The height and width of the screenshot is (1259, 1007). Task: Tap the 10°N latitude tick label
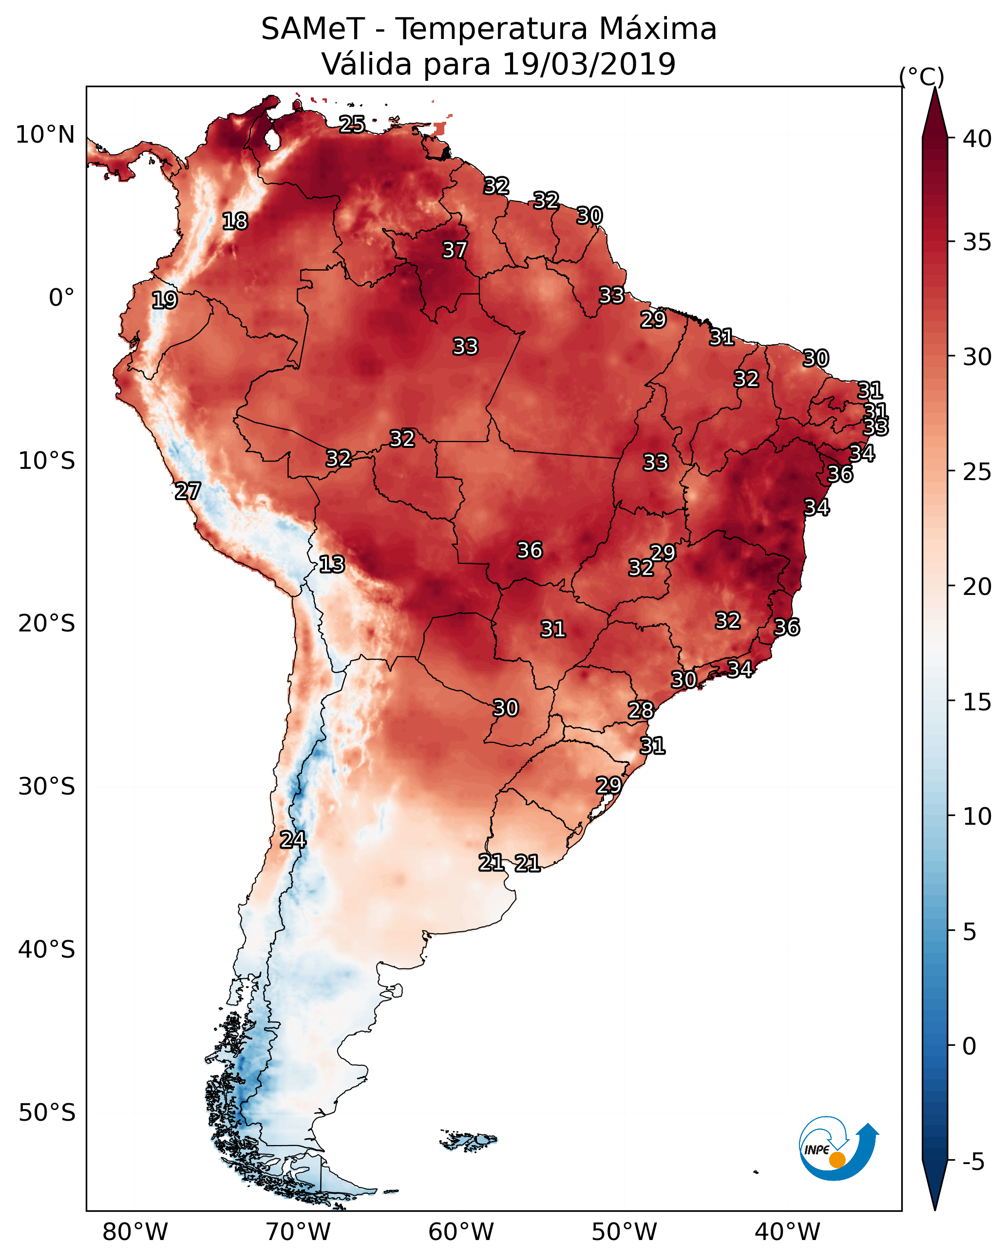[x=45, y=135]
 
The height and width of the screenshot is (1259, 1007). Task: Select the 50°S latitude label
[x=47, y=1112]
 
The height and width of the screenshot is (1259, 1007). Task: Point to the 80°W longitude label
[x=135, y=1231]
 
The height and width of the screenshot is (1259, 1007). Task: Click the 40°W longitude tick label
[x=787, y=1231]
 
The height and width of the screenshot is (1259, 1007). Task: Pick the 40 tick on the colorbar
[x=977, y=139]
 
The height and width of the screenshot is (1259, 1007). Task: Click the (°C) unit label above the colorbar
[x=922, y=77]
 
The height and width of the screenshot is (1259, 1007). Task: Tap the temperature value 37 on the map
[x=455, y=250]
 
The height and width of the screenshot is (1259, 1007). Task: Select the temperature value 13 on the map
[x=332, y=564]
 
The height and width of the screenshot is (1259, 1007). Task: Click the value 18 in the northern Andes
[x=235, y=222]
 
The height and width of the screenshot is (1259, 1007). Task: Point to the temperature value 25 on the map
[x=352, y=124]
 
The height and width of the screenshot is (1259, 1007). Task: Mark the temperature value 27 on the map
[x=188, y=491]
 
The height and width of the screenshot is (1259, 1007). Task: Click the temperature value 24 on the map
[x=293, y=840]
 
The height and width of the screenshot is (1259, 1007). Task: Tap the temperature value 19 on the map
[x=164, y=300]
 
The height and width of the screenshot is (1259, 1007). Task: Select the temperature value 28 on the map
[x=641, y=710]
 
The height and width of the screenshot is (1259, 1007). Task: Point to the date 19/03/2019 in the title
[x=589, y=64]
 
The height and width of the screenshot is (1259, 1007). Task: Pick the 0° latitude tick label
[x=61, y=298]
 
